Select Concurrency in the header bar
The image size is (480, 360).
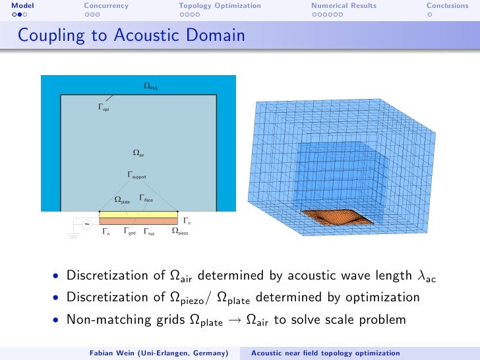106,6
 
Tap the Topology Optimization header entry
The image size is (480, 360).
220,6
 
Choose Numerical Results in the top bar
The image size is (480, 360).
344,6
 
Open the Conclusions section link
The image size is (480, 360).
447,6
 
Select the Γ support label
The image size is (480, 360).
136,175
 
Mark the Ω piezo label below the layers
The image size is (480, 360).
179,231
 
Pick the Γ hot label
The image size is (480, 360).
149,231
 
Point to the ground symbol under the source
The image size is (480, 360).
74,235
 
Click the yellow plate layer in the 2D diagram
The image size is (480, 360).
138,214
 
